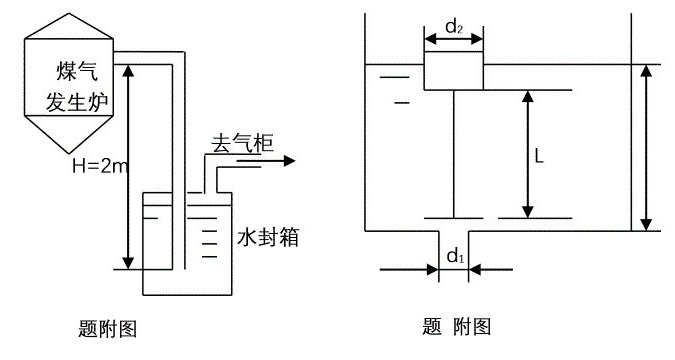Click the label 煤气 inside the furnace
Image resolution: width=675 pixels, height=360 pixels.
(x=77, y=71)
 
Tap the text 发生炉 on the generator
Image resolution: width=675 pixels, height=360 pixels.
(x=77, y=102)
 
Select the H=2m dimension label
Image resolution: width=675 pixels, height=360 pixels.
(x=100, y=165)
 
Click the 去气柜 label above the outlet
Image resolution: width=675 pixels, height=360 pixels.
(x=243, y=143)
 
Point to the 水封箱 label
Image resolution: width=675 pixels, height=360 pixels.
(x=268, y=237)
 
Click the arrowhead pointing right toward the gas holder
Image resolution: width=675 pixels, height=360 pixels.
(x=289, y=161)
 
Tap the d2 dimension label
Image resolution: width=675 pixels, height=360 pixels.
(x=454, y=27)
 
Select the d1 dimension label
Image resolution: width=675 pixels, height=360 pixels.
(x=455, y=257)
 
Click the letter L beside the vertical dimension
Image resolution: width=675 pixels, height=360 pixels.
(x=539, y=155)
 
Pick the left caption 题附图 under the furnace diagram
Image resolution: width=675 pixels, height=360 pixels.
(x=107, y=329)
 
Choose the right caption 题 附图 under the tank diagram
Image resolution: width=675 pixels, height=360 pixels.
(x=457, y=326)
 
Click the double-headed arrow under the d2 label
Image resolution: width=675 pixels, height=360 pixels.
(x=454, y=39)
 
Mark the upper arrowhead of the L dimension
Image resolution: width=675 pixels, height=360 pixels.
(x=528, y=96)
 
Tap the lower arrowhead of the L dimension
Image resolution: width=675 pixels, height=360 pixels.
(x=528, y=212)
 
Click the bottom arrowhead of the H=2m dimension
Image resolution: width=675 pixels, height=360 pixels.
(x=128, y=263)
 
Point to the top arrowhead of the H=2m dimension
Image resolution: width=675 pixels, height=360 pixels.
(x=128, y=71)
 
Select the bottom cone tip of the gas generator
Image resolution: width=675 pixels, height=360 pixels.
(x=69, y=153)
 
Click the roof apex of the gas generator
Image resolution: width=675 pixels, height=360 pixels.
(x=69, y=13)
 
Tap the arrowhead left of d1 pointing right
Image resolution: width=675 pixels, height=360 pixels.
(x=432, y=270)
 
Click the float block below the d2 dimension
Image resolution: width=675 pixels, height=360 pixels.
(x=454, y=71)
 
